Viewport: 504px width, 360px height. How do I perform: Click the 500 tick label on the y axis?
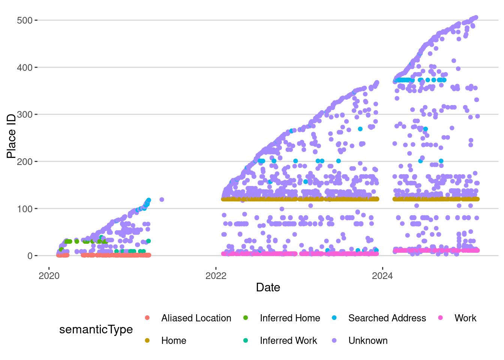click(25, 20)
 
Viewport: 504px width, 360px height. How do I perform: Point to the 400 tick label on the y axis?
click(25, 67)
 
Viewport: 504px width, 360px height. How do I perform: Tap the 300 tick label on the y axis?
click(25, 114)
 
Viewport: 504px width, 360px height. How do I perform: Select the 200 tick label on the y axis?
click(25, 162)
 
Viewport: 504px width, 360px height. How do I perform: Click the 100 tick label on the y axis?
click(25, 209)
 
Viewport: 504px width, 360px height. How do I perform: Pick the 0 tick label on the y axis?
click(30, 256)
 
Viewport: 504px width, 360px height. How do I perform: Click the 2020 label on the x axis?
click(49, 276)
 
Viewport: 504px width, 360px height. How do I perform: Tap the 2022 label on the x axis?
click(216, 276)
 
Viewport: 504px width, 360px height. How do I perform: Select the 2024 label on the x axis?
click(382, 276)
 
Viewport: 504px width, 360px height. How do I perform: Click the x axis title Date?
click(268, 288)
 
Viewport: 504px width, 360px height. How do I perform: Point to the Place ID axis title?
click(11, 136)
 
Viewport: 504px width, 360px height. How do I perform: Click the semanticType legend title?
click(96, 330)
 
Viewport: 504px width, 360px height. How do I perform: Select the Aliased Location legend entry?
click(196, 318)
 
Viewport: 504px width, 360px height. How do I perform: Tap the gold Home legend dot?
click(147, 340)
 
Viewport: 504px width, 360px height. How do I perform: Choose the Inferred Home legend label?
click(290, 318)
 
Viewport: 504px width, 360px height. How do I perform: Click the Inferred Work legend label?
click(288, 341)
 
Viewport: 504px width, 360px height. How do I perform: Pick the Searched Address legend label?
click(387, 318)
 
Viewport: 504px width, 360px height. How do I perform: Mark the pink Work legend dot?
click(440, 318)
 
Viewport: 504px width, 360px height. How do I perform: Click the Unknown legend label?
click(368, 341)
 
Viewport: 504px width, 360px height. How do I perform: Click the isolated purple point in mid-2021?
click(162, 199)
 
